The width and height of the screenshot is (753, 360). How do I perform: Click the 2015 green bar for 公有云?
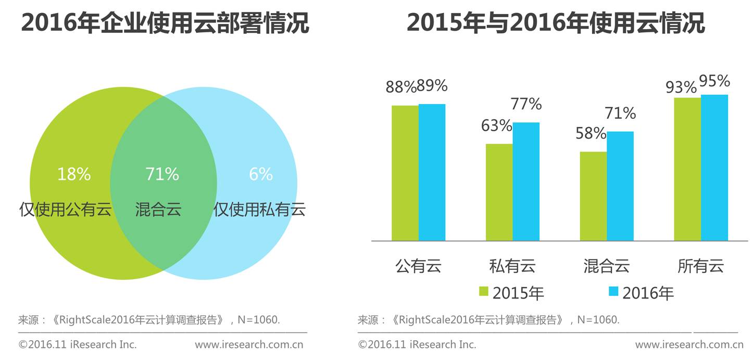click(405, 173)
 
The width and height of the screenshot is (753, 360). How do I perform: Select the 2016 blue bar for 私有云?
click(526, 181)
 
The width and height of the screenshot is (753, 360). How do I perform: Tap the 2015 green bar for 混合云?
click(593, 196)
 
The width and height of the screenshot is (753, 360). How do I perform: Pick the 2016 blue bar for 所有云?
click(714, 168)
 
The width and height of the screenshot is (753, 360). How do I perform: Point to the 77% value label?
click(526, 104)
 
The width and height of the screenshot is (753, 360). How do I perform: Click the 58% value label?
click(591, 133)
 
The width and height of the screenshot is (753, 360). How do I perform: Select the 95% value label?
click(714, 81)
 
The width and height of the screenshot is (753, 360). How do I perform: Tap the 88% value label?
click(400, 87)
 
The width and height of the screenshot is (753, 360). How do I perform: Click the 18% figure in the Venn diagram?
click(74, 175)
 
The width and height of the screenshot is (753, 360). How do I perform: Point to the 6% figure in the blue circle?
click(261, 175)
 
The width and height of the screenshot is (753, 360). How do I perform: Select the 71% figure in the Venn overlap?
click(162, 175)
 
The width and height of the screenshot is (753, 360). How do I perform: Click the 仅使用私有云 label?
click(259, 209)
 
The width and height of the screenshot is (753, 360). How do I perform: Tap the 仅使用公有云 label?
click(66, 209)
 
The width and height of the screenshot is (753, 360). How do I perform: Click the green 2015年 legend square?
click(484, 292)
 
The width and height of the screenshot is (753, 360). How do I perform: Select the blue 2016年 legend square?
click(613, 292)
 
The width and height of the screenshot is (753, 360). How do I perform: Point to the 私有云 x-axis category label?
click(512, 266)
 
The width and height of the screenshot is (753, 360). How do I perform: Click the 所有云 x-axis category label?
click(701, 266)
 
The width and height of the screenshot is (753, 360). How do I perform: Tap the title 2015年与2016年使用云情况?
click(556, 23)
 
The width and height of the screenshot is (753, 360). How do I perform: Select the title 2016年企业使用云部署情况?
click(165, 23)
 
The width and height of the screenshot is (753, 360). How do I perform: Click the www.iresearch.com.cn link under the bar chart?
click(689, 344)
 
